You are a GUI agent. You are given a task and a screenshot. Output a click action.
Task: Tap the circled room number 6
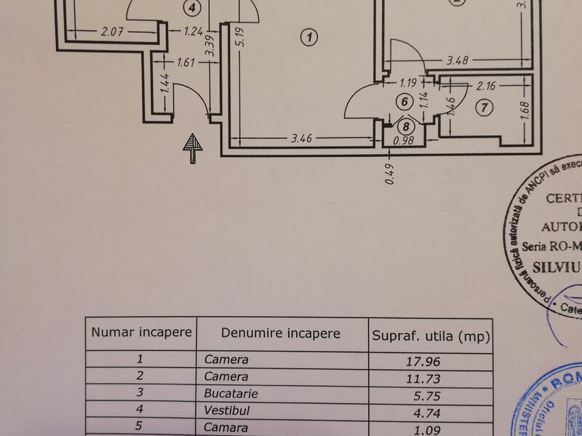404,102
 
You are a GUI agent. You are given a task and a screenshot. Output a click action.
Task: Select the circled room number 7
487,108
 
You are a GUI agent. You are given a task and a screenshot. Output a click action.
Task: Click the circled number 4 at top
192,8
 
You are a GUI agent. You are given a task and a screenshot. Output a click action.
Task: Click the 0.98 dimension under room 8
404,140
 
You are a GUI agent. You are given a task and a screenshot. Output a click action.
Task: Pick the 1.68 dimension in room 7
525,109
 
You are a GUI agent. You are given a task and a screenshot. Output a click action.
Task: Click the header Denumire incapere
281,334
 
